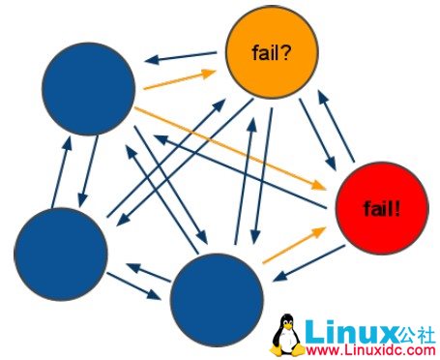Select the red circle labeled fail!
[x=381, y=207]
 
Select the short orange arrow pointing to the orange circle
[x=177, y=79]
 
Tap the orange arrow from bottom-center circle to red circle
[x=292, y=245]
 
